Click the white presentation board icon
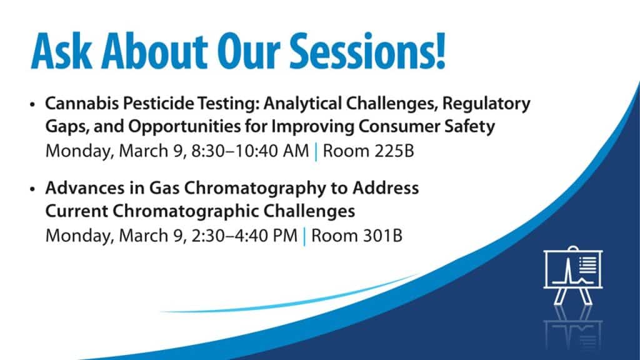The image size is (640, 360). pos(572,275)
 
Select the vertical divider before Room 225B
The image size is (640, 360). pos(316,151)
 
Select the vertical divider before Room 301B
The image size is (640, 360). pos(304,236)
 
